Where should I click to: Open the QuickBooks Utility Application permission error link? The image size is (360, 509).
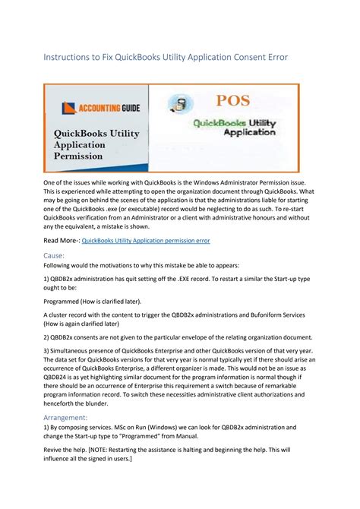click(x=146, y=241)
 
